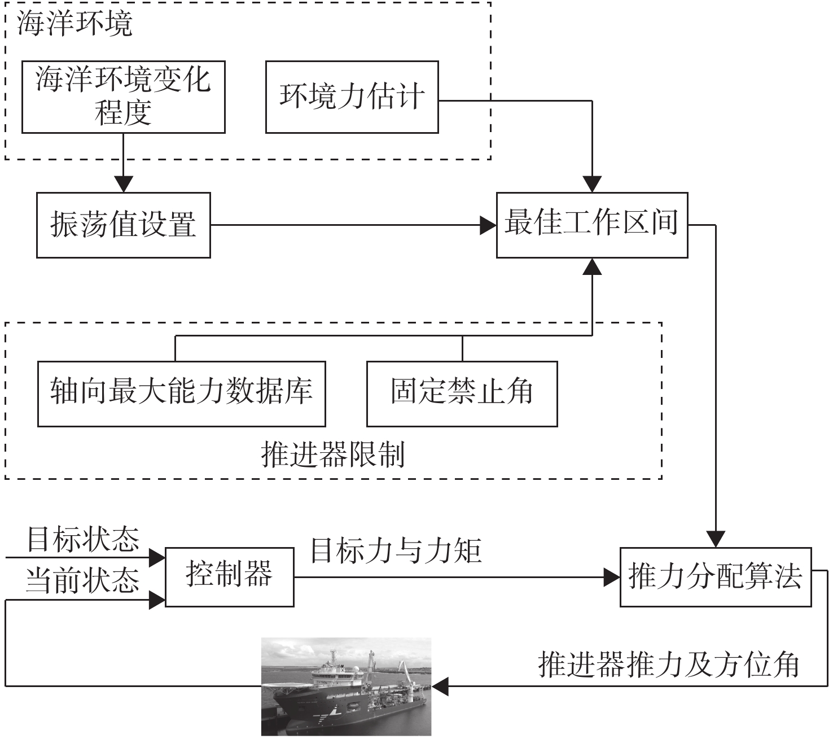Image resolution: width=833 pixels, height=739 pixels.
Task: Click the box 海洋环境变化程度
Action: pos(123,97)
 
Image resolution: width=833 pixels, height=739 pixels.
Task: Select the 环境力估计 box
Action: pos(352,97)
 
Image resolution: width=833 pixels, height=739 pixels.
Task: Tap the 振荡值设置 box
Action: pos(123,225)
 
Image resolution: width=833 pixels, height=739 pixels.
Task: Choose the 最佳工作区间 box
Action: pos(591,225)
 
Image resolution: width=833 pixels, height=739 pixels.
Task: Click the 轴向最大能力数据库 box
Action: pos(181,393)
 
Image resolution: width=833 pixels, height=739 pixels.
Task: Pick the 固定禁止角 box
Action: pos(462,393)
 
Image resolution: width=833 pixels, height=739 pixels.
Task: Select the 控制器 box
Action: pos(229,576)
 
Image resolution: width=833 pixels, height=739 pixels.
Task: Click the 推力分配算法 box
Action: pos(715,576)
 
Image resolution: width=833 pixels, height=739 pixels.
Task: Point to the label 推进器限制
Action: pos(333,455)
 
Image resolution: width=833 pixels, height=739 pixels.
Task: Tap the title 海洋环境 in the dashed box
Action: pos(75,24)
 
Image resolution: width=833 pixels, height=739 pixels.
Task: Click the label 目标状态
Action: pos(83,540)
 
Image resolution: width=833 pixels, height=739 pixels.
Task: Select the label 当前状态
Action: pos(83,580)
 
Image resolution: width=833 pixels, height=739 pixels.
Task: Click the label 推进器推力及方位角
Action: pos(669,664)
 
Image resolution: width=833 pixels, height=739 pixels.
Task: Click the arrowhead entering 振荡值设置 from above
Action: pos(123,185)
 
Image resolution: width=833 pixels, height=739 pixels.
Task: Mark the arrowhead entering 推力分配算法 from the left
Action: pos(612,577)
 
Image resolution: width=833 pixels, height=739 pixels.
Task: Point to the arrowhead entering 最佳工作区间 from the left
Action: pos(488,225)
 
